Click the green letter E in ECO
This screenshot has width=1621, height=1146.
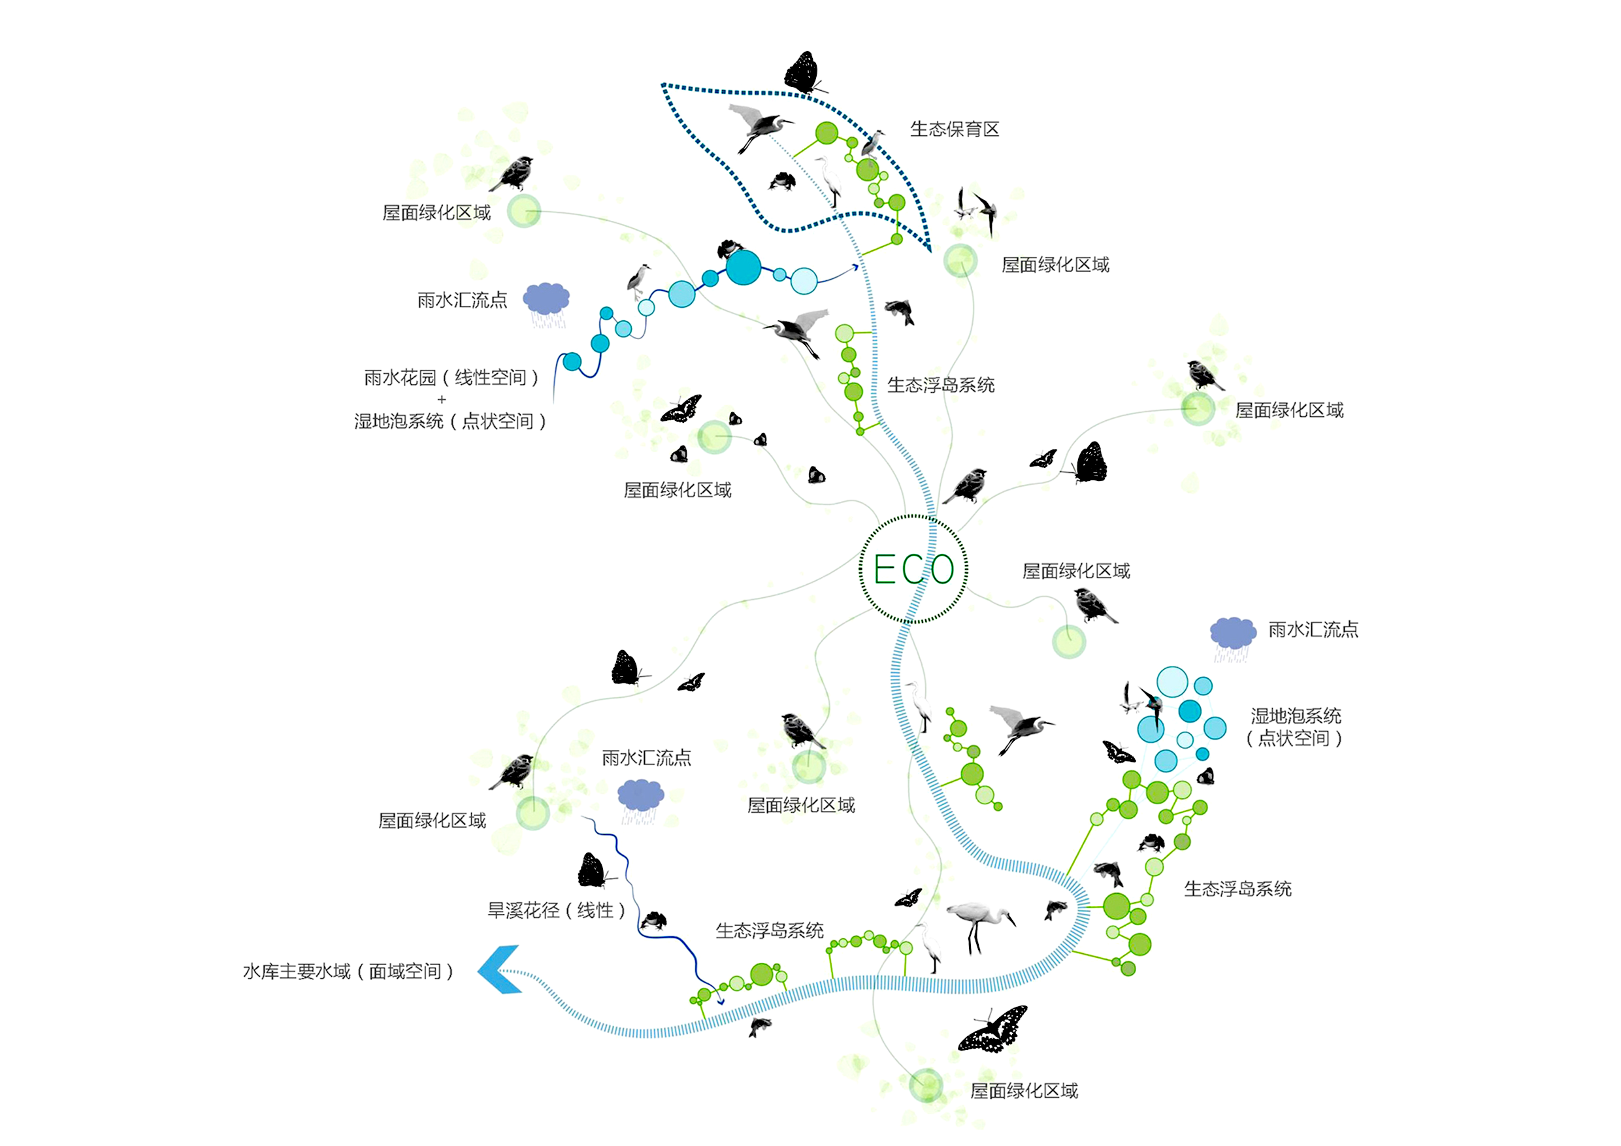886,569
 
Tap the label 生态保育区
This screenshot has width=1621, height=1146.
955,129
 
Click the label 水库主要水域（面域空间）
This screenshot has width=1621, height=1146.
349,972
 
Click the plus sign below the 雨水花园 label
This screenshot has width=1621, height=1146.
442,400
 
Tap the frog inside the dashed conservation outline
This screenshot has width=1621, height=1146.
782,181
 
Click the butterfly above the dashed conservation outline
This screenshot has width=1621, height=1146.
804,73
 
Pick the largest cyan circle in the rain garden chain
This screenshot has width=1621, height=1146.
744,268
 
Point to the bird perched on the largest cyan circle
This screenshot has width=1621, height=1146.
730,248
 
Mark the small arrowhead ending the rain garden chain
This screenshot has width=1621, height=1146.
856,267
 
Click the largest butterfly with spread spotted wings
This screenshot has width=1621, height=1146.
993,1030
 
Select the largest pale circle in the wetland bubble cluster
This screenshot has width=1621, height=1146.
1172,682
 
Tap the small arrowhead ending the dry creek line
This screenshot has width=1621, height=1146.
721,1001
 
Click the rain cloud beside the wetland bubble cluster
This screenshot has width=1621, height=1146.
1233,638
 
